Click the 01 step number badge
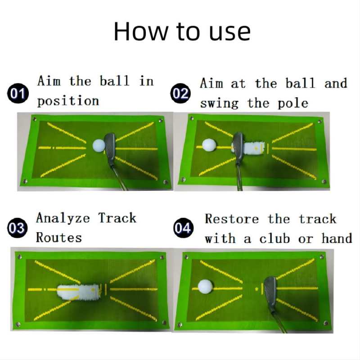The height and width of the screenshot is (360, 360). pyautogui.click(x=18, y=93)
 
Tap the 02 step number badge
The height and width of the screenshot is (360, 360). pyautogui.click(x=180, y=93)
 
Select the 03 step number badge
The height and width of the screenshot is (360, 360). pyautogui.click(x=18, y=228)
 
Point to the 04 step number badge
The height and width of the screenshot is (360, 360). pyautogui.click(x=183, y=228)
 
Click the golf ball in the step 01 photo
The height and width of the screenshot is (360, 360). pyautogui.click(x=99, y=145)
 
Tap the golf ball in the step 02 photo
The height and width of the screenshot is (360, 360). pyautogui.click(x=209, y=145)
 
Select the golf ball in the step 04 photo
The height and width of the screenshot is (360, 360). pyautogui.click(x=206, y=286)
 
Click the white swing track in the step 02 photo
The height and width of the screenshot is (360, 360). pyautogui.click(x=252, y=148)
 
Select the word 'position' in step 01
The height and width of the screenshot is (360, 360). pyautogui.click(x=68, y=101)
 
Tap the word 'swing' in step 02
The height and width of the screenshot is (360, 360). pyautogui.click(x=219, y=103)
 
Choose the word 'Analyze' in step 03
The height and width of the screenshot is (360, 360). pyautogui.click(x=63, y=218)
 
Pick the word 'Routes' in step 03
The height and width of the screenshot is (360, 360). pyautogui.click(x=59, y=238)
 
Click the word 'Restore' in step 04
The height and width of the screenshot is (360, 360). pyautogui.click(x=232, y=219)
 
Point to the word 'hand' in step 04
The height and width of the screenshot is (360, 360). pyautogui.click(x=337, y=238)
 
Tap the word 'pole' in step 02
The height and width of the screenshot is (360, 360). pyautogui.click(x=293, y=103)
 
